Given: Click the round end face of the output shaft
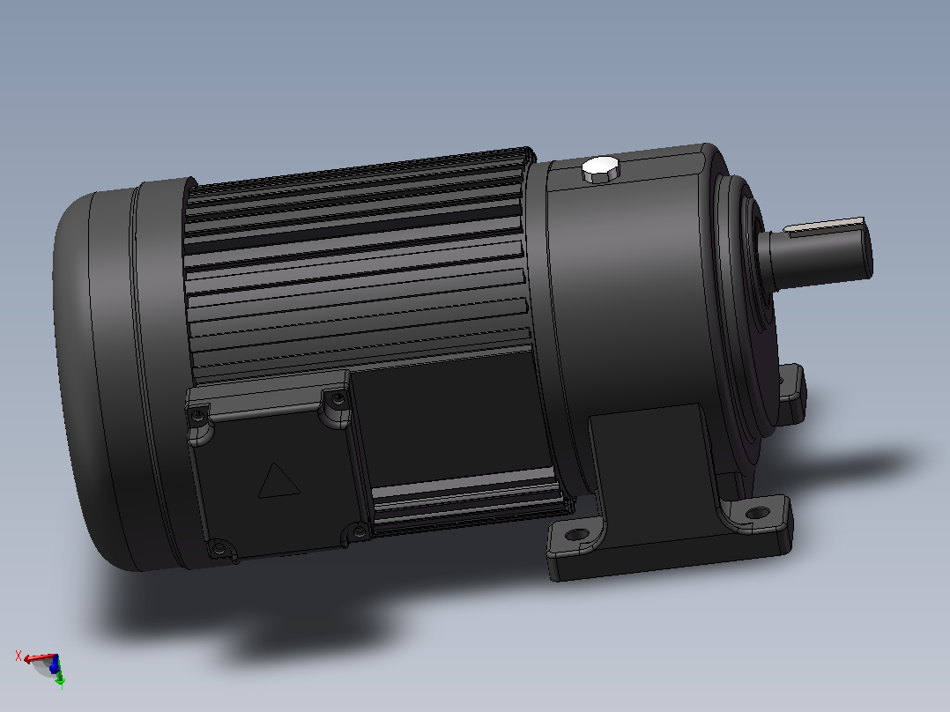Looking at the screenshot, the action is pos(865,249).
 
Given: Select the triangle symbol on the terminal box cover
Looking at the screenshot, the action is pos(278,481).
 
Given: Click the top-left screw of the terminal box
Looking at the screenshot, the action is pos(197,416).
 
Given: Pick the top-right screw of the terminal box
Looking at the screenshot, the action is pos(338,398).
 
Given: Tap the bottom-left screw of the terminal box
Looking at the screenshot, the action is pos(219,549).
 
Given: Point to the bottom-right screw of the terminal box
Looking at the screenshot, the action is pos(360,532).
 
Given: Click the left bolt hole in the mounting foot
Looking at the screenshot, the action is pos(575,535).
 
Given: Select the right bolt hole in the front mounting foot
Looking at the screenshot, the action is pos(757,513).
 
